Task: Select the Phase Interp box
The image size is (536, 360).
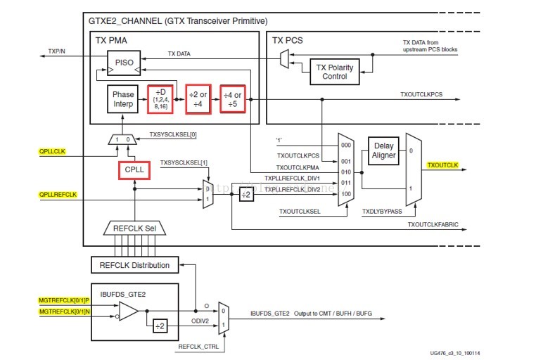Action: point(124,100)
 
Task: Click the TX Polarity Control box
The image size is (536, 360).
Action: point(335,71)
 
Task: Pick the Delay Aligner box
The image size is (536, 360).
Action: point(383,150)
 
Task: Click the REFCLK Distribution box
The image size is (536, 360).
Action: point(134,265)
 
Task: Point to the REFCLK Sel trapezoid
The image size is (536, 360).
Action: point(134,228)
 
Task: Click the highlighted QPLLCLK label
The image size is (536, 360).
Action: point(53,150)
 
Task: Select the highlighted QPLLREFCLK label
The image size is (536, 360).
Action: point(58,195)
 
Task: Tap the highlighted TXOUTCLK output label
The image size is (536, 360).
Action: point(442,165)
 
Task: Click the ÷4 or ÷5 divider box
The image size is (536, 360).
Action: point(232,100)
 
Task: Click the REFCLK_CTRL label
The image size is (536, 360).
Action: point(198,346)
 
